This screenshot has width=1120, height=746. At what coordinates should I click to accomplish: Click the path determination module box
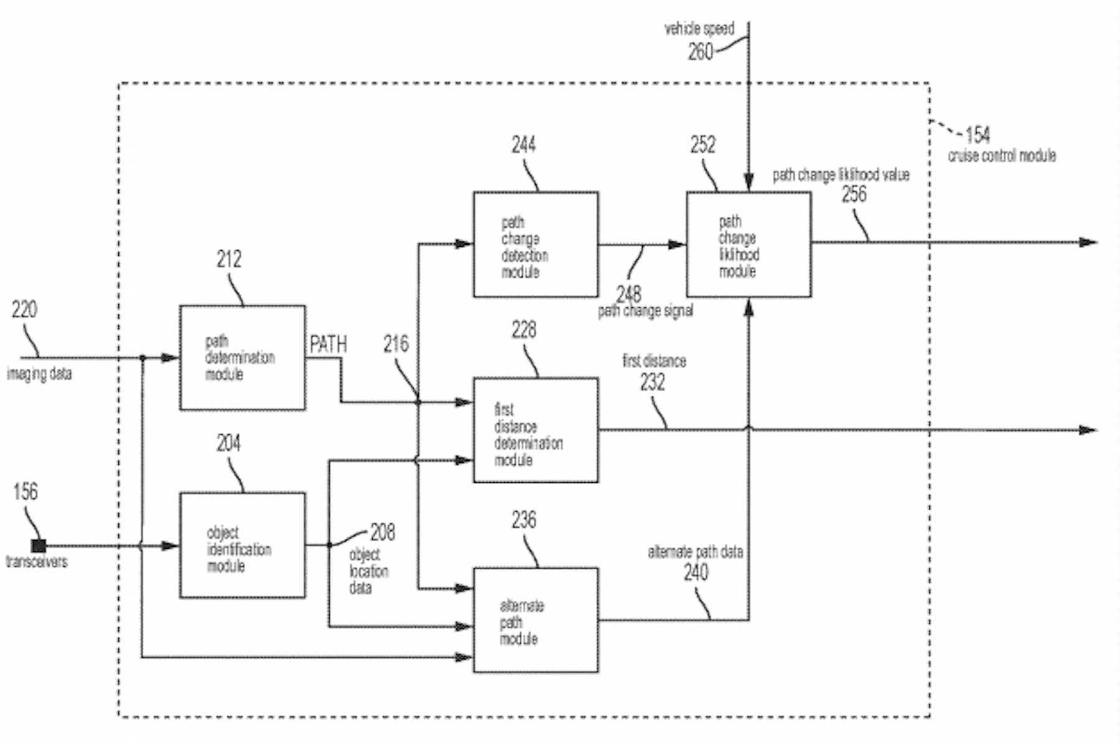click(242, 358)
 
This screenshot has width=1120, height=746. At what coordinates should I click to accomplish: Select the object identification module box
click(242, 546)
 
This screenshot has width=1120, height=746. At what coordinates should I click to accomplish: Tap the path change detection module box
click(535, 245)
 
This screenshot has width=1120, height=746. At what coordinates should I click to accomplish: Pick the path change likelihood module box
click(749, 245)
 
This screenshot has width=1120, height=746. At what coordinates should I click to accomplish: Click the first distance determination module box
click(535, 430)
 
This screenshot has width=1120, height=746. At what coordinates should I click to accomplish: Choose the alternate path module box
click(535, 620)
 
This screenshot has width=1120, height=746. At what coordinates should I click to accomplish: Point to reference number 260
click(700, 52)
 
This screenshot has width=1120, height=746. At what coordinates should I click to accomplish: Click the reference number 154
click(978, 135)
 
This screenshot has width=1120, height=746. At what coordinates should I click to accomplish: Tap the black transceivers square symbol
click(39, 546)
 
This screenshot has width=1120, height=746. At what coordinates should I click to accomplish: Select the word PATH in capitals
click(328, 344)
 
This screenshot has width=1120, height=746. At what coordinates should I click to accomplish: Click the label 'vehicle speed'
click(699, 29)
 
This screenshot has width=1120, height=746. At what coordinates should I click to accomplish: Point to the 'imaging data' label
click(39, 374)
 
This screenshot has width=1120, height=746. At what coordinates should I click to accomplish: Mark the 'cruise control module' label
click(1002, 156)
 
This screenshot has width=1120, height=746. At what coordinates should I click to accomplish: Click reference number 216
click(396, 344)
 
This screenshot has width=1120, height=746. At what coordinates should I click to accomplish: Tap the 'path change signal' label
click(645, 310)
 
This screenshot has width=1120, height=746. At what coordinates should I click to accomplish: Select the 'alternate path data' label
click(695, 552)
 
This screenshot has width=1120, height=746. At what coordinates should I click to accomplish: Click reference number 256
click(854, 195)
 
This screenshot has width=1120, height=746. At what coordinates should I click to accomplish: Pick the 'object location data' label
click(368, 571)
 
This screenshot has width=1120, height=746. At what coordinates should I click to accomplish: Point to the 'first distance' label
click(654, 361)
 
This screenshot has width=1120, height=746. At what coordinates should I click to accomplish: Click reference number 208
click(382, 533)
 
